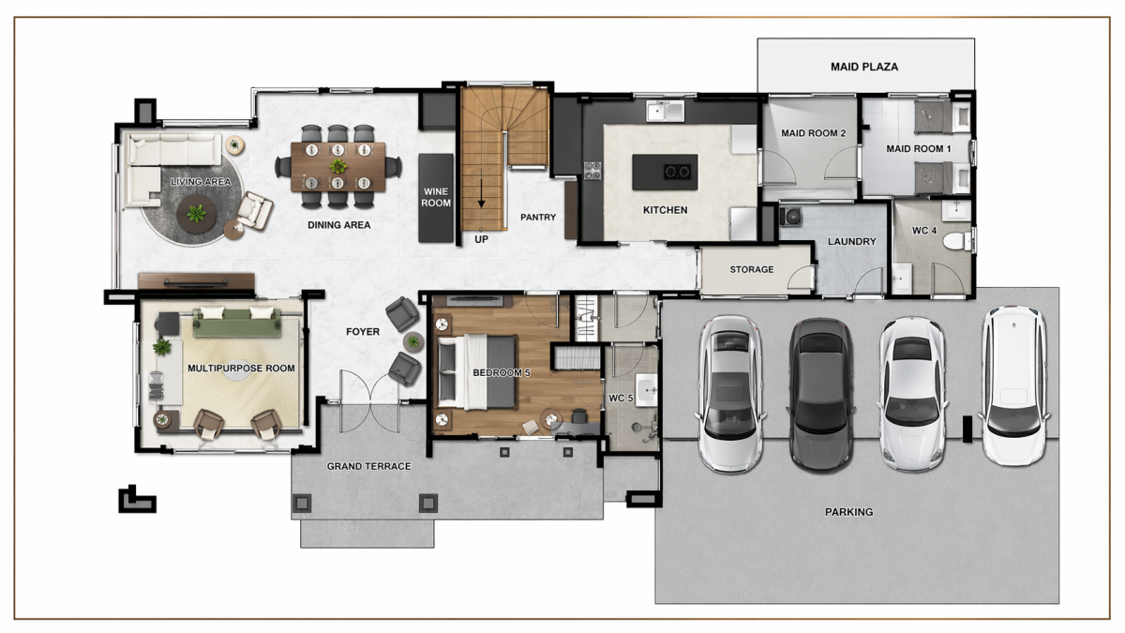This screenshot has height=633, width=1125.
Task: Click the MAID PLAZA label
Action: (863, 67)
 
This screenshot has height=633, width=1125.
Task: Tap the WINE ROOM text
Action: (436, 198)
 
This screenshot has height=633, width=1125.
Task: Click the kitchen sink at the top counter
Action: (665, 111)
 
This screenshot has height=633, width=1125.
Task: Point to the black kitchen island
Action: (665, 173)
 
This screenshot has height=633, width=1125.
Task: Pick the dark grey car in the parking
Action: (820, 395)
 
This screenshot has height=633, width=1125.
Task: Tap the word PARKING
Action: (848, 512)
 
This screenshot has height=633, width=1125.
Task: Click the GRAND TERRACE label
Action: (368, 466)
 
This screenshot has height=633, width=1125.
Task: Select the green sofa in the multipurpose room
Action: (237, 323)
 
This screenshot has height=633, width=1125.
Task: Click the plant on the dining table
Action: (338, 165)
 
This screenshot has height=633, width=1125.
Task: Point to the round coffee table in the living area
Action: (196, 214)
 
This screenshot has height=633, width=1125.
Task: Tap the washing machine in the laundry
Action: (790, 217)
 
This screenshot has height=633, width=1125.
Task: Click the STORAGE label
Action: (751, 270)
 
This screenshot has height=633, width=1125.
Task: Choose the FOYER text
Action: (363, 332)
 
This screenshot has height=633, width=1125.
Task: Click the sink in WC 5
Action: (646, 389)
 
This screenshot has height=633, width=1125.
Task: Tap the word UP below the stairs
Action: (481, 240)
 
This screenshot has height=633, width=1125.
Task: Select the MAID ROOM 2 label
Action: (813, 133)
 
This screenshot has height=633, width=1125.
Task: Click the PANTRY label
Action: (538, 217)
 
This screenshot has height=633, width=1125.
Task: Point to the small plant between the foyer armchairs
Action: (412, 342)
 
